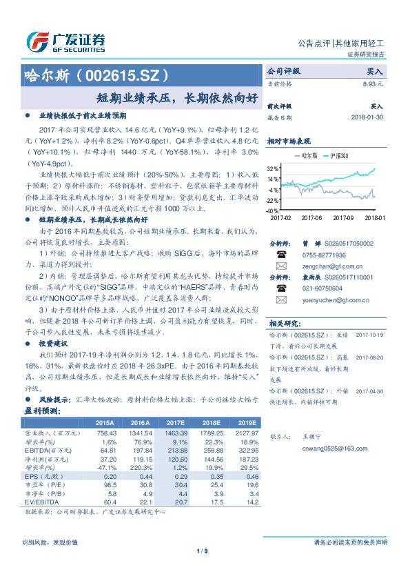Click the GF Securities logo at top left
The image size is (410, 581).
pyautogui.click(x=65, y=41)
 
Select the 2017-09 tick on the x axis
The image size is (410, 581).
pyautogui.click(x=342, y=217)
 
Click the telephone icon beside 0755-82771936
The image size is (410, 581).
pyautogui.click(x=281, y=254)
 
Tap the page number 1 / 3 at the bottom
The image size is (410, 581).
pyautogui.click(x=202, y=550)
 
